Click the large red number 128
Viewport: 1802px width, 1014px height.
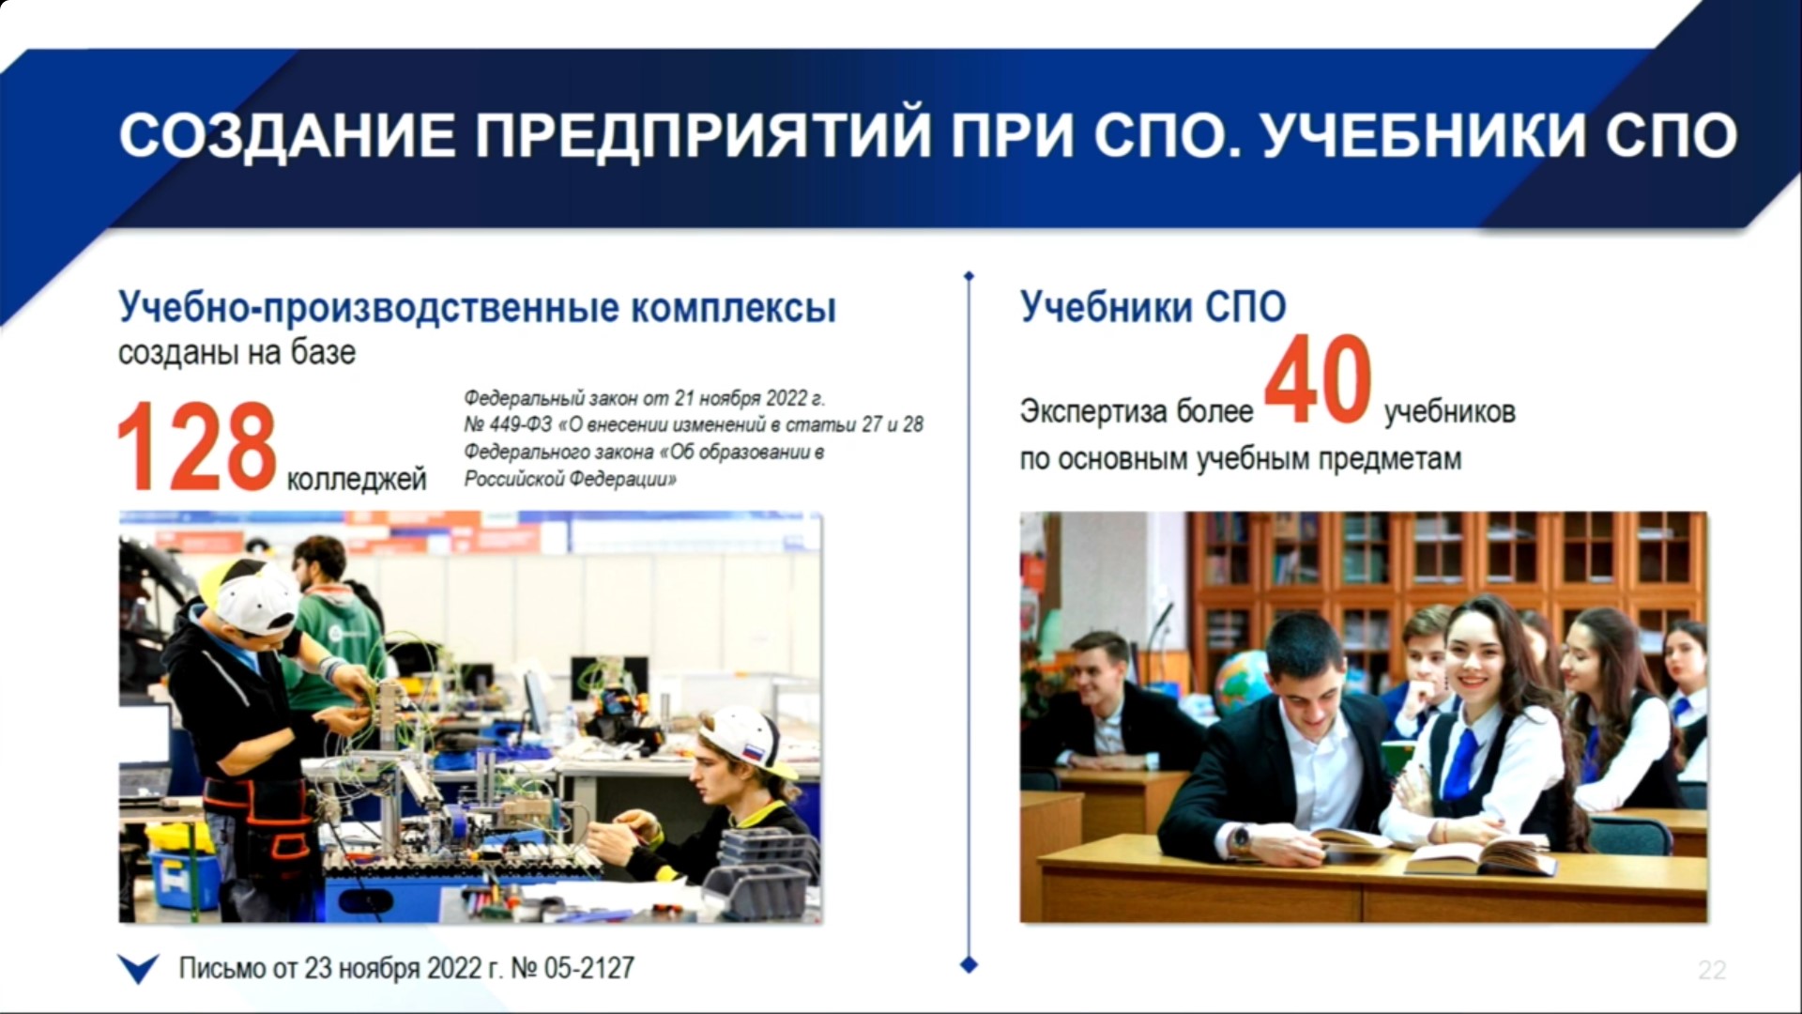[x=197, y=447]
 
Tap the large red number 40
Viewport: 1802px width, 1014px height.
[x=1318, y=379]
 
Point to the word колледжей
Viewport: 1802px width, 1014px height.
[x=357, y=480]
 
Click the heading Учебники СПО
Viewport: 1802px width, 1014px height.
[x=1153, y=307]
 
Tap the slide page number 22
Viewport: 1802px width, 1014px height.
[x=1712, y=970]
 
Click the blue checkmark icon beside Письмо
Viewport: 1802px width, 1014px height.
[x=139, y=969]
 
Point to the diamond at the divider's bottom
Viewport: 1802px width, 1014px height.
[x=970, y=964]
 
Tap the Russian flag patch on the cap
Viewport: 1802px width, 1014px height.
[x=753, y=752]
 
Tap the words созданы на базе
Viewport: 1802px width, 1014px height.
[x=237, y=353]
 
